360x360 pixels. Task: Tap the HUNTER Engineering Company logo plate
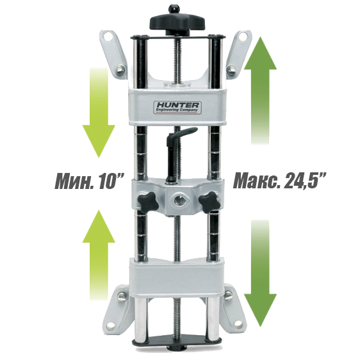pyautogui.click(x=177, y=108)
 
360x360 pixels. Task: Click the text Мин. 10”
pyautogui.click(x=90, y=181)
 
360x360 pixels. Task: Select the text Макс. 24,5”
pyautogui.click(x=279, y=181)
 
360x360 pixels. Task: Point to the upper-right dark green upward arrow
pyautogui.click(x=260, y=91)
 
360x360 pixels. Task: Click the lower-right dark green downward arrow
pyautogui.click(x=260, y=273)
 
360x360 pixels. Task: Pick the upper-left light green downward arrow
pyautogui.click(x=99, y=113)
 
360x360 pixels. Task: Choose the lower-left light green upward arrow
pyautogui.click(x=99, y=255)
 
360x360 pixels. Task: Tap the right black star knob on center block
pyautogui.click(x=209, y=202)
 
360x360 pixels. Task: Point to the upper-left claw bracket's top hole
pyautogui.click(x=108, y=37)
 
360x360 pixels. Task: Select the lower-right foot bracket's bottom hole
pyautogui.click(x=238, y=324)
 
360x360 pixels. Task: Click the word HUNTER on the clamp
pyautogui.click(x=177, y=106)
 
